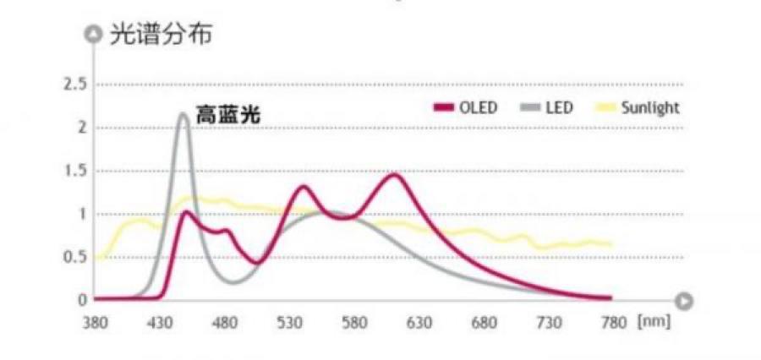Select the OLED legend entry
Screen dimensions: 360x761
pyautogui.click(x=466, y=108)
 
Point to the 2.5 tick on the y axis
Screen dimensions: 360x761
pyautogui.click(x=75, y=85)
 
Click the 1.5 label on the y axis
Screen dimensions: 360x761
pyautogui.click(x=75, y=171)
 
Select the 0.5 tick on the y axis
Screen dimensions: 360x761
pyautogui.click(x=75, y=257)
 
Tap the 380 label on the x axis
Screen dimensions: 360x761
pyautogui.click(x=95, y=323)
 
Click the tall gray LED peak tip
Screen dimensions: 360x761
pyautogui.click(x=183, y=114)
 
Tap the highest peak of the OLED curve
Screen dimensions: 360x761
pyautogui.click(x=394, y=174)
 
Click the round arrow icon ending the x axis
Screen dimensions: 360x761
pyautogui.click(x=686, y=300)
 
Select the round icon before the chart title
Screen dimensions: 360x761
pyautogui.click(x=94, y=35)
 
